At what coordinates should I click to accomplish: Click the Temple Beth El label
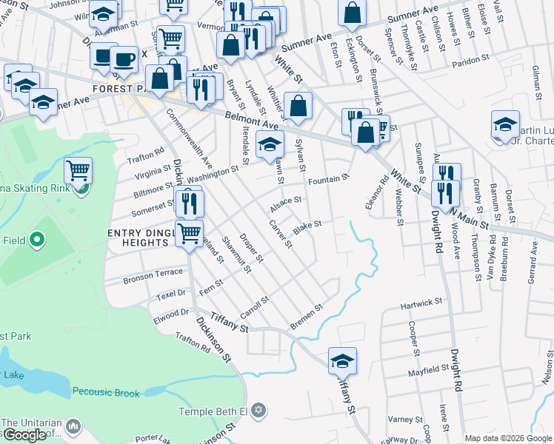tap(213, 411)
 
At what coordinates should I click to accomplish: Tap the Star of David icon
tap(258, 410)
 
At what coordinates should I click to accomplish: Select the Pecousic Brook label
tap(106, 393)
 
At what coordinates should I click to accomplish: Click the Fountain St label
tap(328, 179)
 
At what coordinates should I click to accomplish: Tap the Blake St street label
tap(307, 227)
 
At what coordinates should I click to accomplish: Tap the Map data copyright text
tap(509, 438)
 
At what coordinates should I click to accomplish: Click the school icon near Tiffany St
tap(342, 360)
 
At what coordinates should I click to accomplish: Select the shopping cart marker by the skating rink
tap(78, 171)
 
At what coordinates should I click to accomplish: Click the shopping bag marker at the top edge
tap(353, 11)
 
